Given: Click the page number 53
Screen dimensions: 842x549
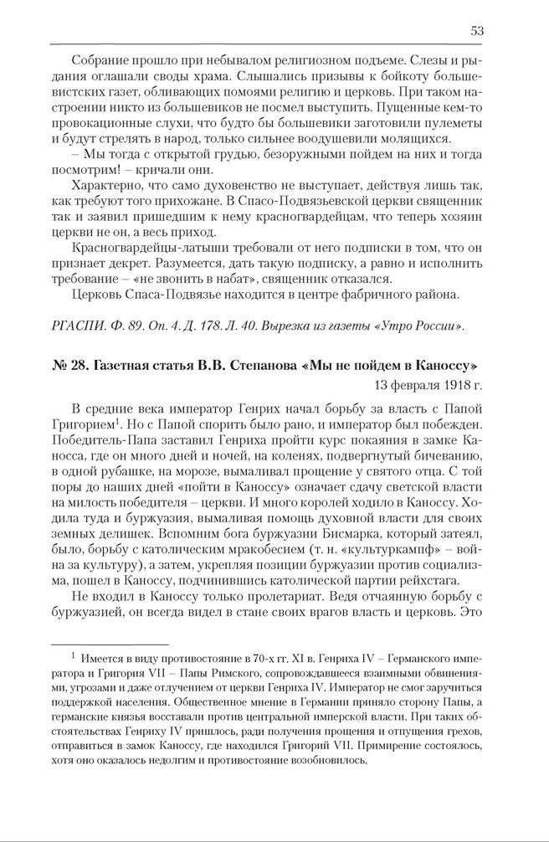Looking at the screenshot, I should coord(477,31).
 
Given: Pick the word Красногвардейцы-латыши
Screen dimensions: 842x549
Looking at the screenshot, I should coord(146,249).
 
